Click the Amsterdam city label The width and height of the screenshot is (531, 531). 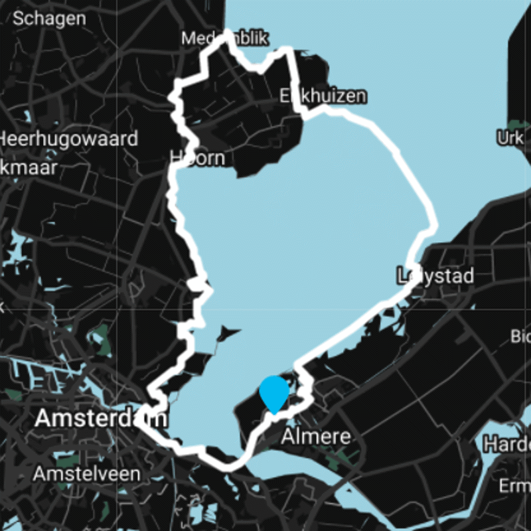[x=100, y=419]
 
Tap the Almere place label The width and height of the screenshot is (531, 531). [x=315, y=437]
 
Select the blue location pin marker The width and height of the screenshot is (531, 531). [x=274, y=393]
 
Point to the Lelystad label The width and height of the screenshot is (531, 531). [x=435, y=275]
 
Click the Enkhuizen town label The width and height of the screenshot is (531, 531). [x=322, y=96]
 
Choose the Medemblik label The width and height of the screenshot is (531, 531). [x=225, y=39]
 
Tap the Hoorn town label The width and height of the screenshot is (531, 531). [x=198, y=159]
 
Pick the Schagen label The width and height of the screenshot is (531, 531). [x=49, y=19]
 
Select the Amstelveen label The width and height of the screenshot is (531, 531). [x=87, y=474]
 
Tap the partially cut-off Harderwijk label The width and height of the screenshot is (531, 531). [x=507, y=443]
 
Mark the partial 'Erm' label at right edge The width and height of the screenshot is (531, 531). [x=515, y=487]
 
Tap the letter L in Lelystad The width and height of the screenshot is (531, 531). [x=401, y=275]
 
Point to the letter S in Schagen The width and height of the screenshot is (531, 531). [x=18, y=19]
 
